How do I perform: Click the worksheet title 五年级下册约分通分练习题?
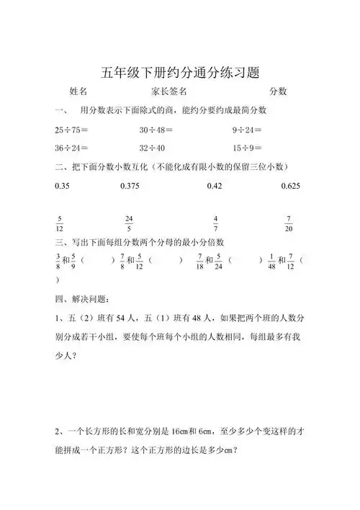(180, 72)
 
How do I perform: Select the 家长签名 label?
(170, 91)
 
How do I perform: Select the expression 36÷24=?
(71, 148)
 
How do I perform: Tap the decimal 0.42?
(215, 185)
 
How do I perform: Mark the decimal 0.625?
(290, 185)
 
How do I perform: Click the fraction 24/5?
(129, 223)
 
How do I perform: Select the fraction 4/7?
(216, 223)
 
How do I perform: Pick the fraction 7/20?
(288, 223)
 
